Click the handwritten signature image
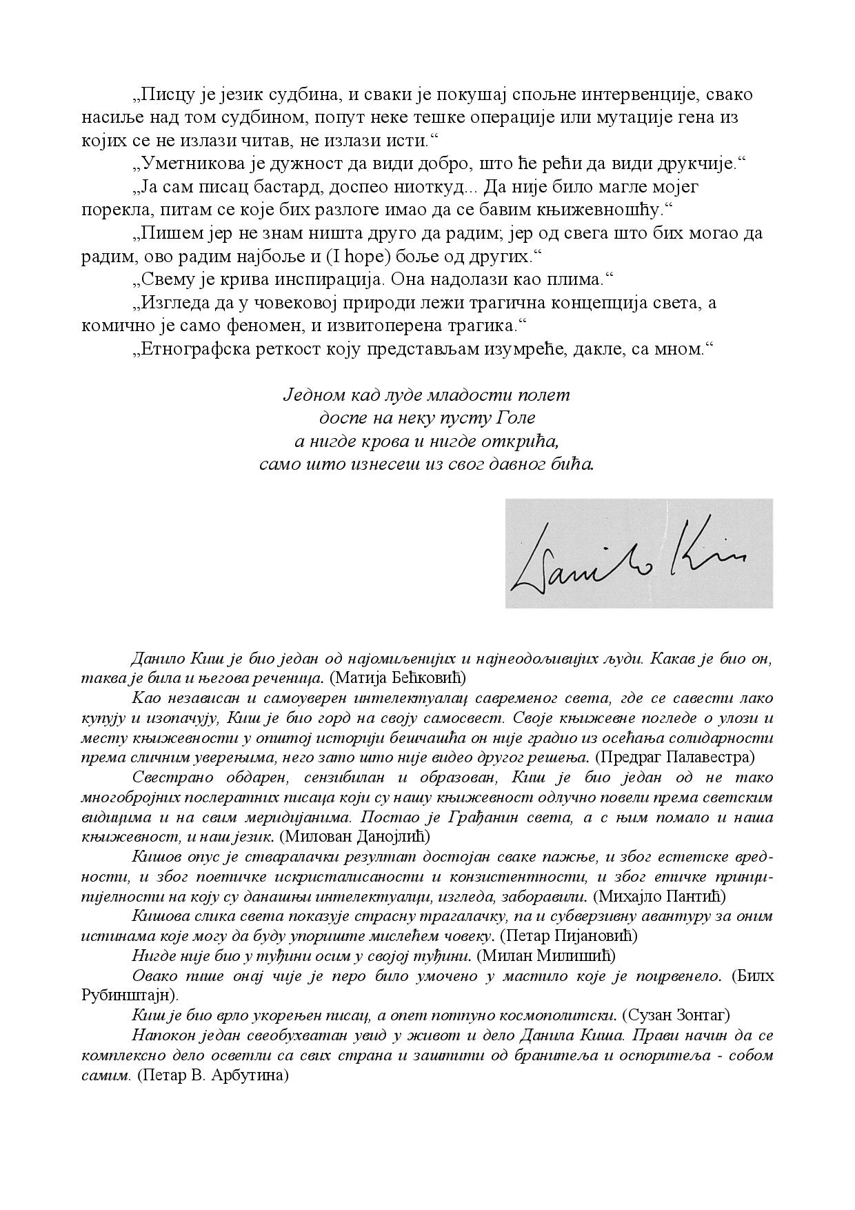pyautogui.click(x=638, y=553)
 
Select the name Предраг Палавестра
pyautogui.click(x=675, y=757)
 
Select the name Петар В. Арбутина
pyautogui.click(x=212, y=1075)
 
